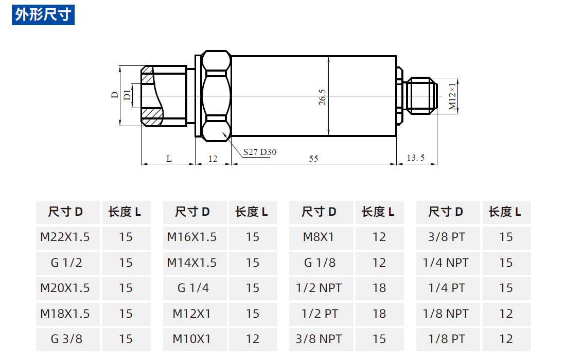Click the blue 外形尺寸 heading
point(43,15)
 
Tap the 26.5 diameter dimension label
point(322,97)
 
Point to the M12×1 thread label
point(452,96)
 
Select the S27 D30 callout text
point(260,152)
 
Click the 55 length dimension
point(313,159)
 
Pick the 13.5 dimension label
point(415,158)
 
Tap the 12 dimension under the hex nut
point(213,159)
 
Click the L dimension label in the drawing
point(169,159)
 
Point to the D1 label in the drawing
point(127,95)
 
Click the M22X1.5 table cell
point(65,237)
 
